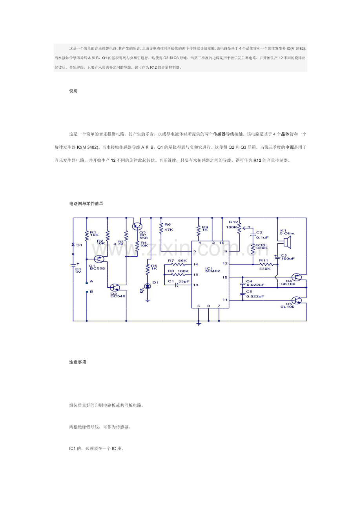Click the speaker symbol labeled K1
click(x=287, y=244)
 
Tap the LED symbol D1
click(x=148, y=287)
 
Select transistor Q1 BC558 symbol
click(x=99, y=259)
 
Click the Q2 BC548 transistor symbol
click(x=115, y=288)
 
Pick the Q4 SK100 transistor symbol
click(x=297, y=277)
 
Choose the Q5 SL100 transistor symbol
click(x=297, y=300)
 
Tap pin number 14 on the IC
click(x=195, y=265)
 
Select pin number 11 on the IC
click(x=225, y=300)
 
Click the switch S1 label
click(x=79, y=245)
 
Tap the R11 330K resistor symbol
click(x=265, y=265)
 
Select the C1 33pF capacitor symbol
click(x=177, y=285)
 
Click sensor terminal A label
click(x=91, y=281)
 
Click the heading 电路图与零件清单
click(x=86, y=204)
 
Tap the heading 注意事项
click(x=77, y=362)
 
